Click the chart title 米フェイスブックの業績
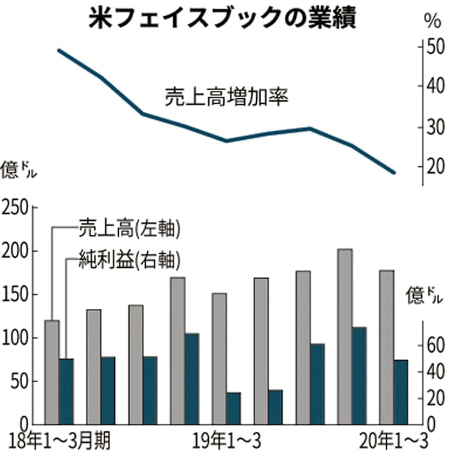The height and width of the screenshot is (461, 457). click(222, 17)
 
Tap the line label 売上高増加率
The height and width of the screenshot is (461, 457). click(226, 98)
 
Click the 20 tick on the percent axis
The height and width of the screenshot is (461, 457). click(435, 166)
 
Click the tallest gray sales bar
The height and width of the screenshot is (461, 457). click(345, 336)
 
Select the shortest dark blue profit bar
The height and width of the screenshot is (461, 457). click(233, 409)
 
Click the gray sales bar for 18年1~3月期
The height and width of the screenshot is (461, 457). click(52, 372)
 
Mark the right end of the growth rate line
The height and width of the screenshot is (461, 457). click(395, 173)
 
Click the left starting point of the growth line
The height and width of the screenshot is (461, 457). click(58, 50)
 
